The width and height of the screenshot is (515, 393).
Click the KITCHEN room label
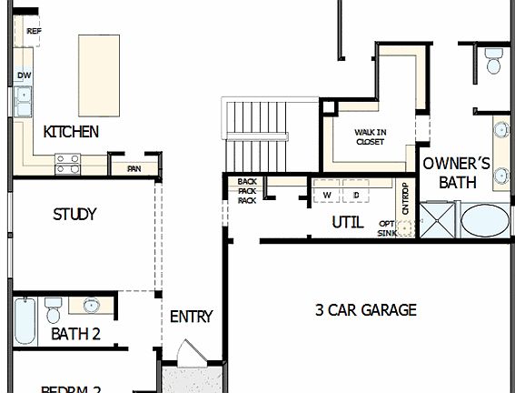click(x=71, y=132)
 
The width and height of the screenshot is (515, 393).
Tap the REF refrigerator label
click(x=35, y=31)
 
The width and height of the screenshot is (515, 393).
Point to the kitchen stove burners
click(x=68, y=163)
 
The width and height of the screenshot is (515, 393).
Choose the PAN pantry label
click(x=134, y=168)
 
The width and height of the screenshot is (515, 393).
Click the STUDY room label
click(x=74, y=215)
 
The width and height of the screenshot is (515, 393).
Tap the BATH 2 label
click(x=75, y=334)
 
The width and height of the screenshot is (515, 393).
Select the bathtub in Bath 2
click(x=25, y=321)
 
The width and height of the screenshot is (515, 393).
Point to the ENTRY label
click(x=191, y=317)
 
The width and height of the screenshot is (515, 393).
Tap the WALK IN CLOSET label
click(x=370, y=136)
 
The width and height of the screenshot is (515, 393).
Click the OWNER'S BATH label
click(x=457, y=173)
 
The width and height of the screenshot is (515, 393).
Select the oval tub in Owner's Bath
click(x=486, y=221)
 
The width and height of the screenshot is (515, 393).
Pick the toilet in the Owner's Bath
click(x=493, y=61)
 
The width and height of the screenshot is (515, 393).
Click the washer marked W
click(x=326, y=195)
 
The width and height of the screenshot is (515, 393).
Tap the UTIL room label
click(x=347, y=221)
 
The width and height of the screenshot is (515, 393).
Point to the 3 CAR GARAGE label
click(x=365, y=310)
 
